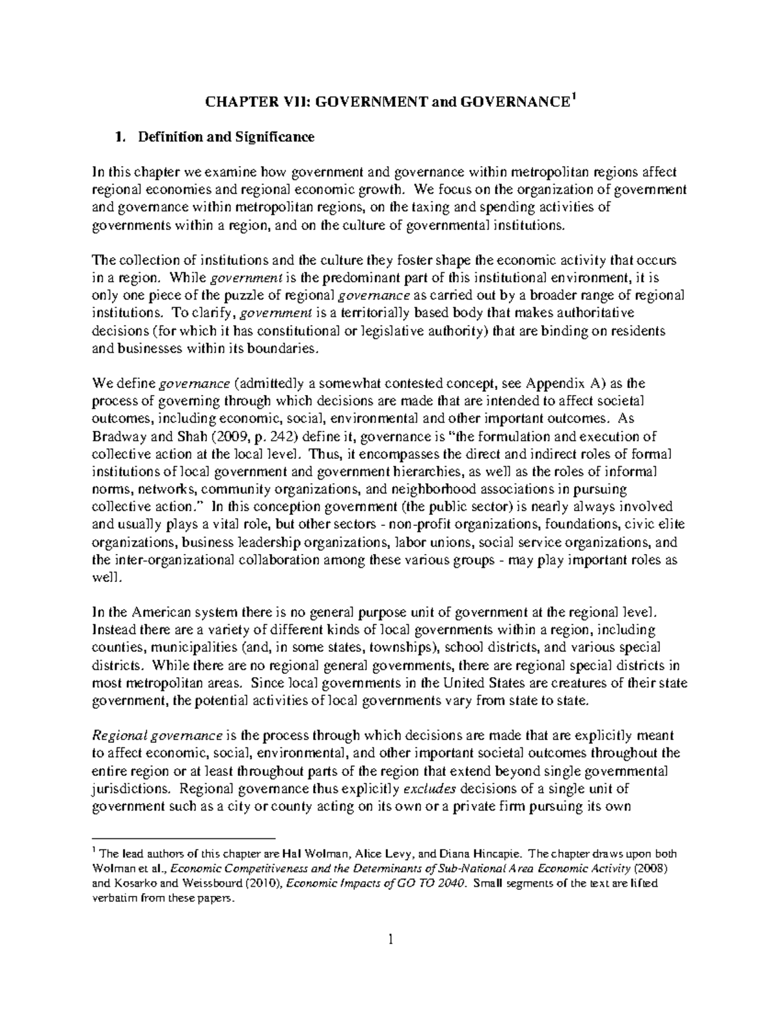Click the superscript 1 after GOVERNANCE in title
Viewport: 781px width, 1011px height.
[573, 98]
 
